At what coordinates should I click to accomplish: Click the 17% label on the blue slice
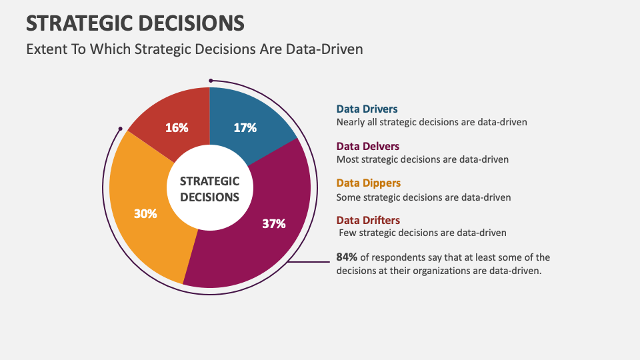(245, 127)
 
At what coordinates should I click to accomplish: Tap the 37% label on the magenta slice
(273, 224)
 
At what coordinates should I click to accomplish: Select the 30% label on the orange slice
(145, 214)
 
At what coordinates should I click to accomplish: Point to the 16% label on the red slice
(177, 127)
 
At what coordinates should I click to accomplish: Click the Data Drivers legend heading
(367, 109)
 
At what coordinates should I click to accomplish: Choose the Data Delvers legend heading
(368, 146)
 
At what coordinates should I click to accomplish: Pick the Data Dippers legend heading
(369, 183)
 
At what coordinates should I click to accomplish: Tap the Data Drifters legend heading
(368, 220)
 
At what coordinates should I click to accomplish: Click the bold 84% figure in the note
(347, 257)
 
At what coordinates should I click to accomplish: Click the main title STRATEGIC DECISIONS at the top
(135, 23)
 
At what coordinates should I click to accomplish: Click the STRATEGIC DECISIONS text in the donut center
(209, 189)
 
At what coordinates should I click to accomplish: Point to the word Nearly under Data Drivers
(351, 122)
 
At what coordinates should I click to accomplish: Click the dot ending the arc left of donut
(120, 129)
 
